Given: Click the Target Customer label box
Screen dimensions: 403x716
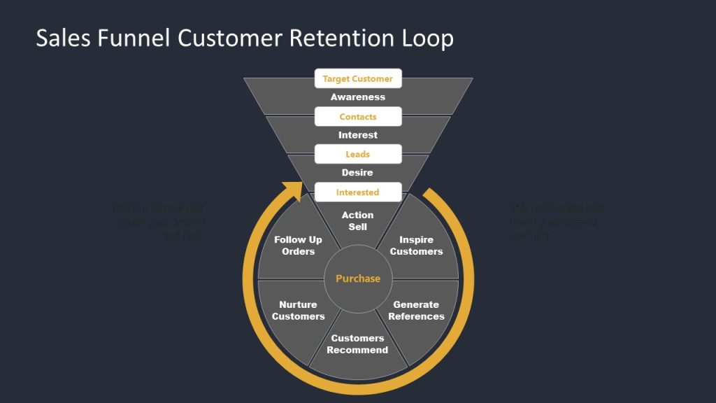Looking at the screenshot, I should point(357,79).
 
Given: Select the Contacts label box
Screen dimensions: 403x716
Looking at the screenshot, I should point(357,117).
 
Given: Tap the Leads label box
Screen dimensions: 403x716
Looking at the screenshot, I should point(357,154).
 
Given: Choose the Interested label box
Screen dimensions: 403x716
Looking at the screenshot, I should point(357,192).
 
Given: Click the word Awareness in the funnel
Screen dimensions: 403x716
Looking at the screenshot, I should point(357,97).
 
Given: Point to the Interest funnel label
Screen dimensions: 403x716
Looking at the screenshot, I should point(357,135).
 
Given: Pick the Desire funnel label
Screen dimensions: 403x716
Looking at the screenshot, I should point(357,173).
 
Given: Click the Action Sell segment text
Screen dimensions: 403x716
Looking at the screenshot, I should point(357,221).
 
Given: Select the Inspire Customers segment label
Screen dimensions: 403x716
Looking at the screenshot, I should point(416,246).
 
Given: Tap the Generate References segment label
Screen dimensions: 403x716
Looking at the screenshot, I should point(416,311).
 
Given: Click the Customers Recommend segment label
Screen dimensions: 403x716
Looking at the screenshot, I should point(357,344).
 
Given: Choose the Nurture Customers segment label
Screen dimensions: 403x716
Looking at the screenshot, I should point(299,311).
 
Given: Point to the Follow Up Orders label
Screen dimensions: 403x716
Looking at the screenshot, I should point(299,246).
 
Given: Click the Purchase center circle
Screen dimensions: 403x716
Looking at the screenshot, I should point(357,278).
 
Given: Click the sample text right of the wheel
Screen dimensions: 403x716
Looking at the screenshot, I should point(557,222).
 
